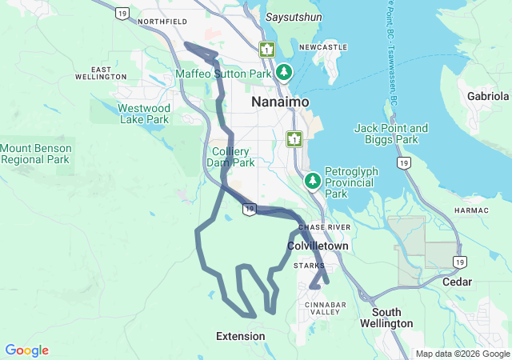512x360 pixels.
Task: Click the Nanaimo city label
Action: pyautogui.click(x=278, y=102)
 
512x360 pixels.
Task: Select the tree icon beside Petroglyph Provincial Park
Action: pyautogui.click(x=313, y=182)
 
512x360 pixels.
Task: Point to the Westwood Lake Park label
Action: pyautogui.click(x=144, y=113)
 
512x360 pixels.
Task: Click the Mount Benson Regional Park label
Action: pyautogui.click(x=37, y=154)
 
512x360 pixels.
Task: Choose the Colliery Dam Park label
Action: pyautogui.click(x=233, y=157)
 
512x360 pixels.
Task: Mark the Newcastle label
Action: pyautogui.click(x=323, y=47)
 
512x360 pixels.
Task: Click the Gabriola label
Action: pyautogui.click(x=489, y=97)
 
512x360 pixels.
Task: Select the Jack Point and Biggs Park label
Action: pyautogui.click(x=391, y=134)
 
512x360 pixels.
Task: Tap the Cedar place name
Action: pyautogui.click(x=458, y=282)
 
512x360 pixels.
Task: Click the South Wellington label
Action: pyautogui.click(x=392, y=318)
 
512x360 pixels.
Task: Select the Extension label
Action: pyautogui.click(x=241, y=336)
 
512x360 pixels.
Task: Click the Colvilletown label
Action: pyautogui.click(x=318, y=246)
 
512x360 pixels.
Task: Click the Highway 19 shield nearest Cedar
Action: pyautogui.click(x=458, y=262)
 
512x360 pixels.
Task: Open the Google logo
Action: pyautogui.click(x=26, y=350)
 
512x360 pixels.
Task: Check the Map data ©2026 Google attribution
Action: pyautogui.click(x=462, y=354)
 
